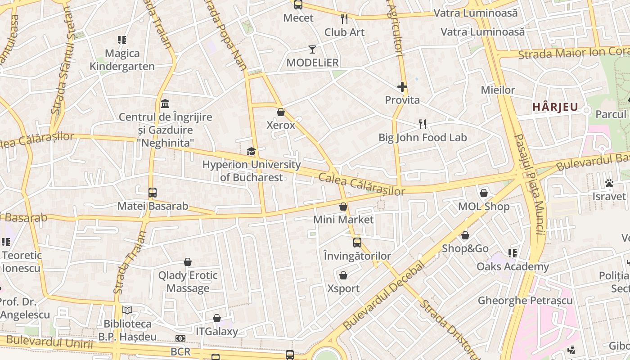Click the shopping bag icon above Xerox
click(281, 112)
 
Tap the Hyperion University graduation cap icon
click(251, 152)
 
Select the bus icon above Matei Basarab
click(153, 193)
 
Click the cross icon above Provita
click(402, 87)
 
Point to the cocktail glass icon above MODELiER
click(312, 49)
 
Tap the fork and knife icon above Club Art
click(344, 19)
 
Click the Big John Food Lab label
click(423, 137)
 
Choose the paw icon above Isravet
click(609, 183)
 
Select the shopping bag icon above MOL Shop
click(484, 193)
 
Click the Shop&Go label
click(465, 248)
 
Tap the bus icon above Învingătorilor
click(357, 243)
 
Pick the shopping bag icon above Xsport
click(343, 275)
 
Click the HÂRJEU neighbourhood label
click(555, 107)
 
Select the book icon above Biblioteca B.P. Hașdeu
click(127, 310)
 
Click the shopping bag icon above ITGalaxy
click(217, 319)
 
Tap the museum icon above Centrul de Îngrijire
click(165, 104)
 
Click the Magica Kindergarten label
click(122, 60)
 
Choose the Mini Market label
click(343, 220)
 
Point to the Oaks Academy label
click(513, 266)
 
